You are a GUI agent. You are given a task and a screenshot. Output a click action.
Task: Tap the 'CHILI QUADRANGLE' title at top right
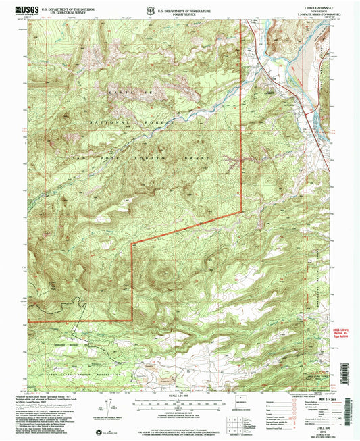319,6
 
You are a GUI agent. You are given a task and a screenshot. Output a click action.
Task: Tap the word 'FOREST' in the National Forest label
149,122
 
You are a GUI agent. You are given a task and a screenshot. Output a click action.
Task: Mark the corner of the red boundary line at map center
131,242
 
